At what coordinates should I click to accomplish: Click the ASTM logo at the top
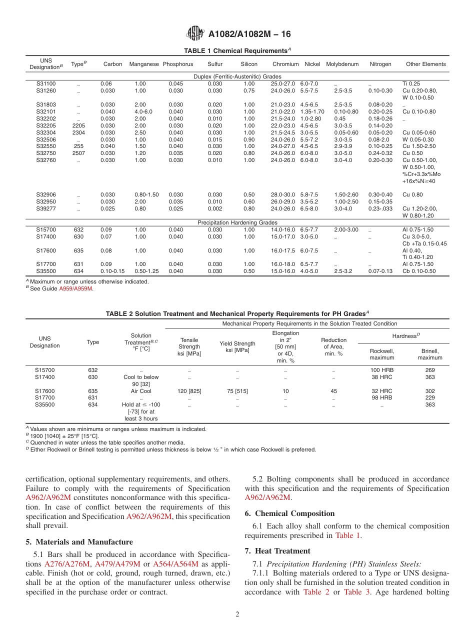[195, 33]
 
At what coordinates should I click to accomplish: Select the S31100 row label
[46, 83]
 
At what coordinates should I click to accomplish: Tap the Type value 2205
[78, 125]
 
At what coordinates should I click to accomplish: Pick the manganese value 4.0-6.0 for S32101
[143, 111]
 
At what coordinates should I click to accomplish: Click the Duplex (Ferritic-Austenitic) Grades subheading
[237, 76]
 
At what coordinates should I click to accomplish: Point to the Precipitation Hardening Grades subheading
[237, 222]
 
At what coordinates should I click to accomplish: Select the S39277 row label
[46, 208]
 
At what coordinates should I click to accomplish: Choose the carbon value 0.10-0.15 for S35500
[112, 271]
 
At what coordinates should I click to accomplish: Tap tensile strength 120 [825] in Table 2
[189, 391]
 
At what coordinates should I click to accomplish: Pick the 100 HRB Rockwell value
[382, 370]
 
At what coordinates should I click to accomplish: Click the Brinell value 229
[429, 398]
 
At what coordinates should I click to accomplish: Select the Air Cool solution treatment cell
[141, 391]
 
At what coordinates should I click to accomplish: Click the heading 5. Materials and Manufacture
[79, 542]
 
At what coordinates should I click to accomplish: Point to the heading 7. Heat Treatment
[277, 550]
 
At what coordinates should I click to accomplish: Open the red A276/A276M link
[67, 564]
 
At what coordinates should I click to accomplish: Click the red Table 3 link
[356, 592]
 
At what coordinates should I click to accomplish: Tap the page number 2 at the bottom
[237, 614]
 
